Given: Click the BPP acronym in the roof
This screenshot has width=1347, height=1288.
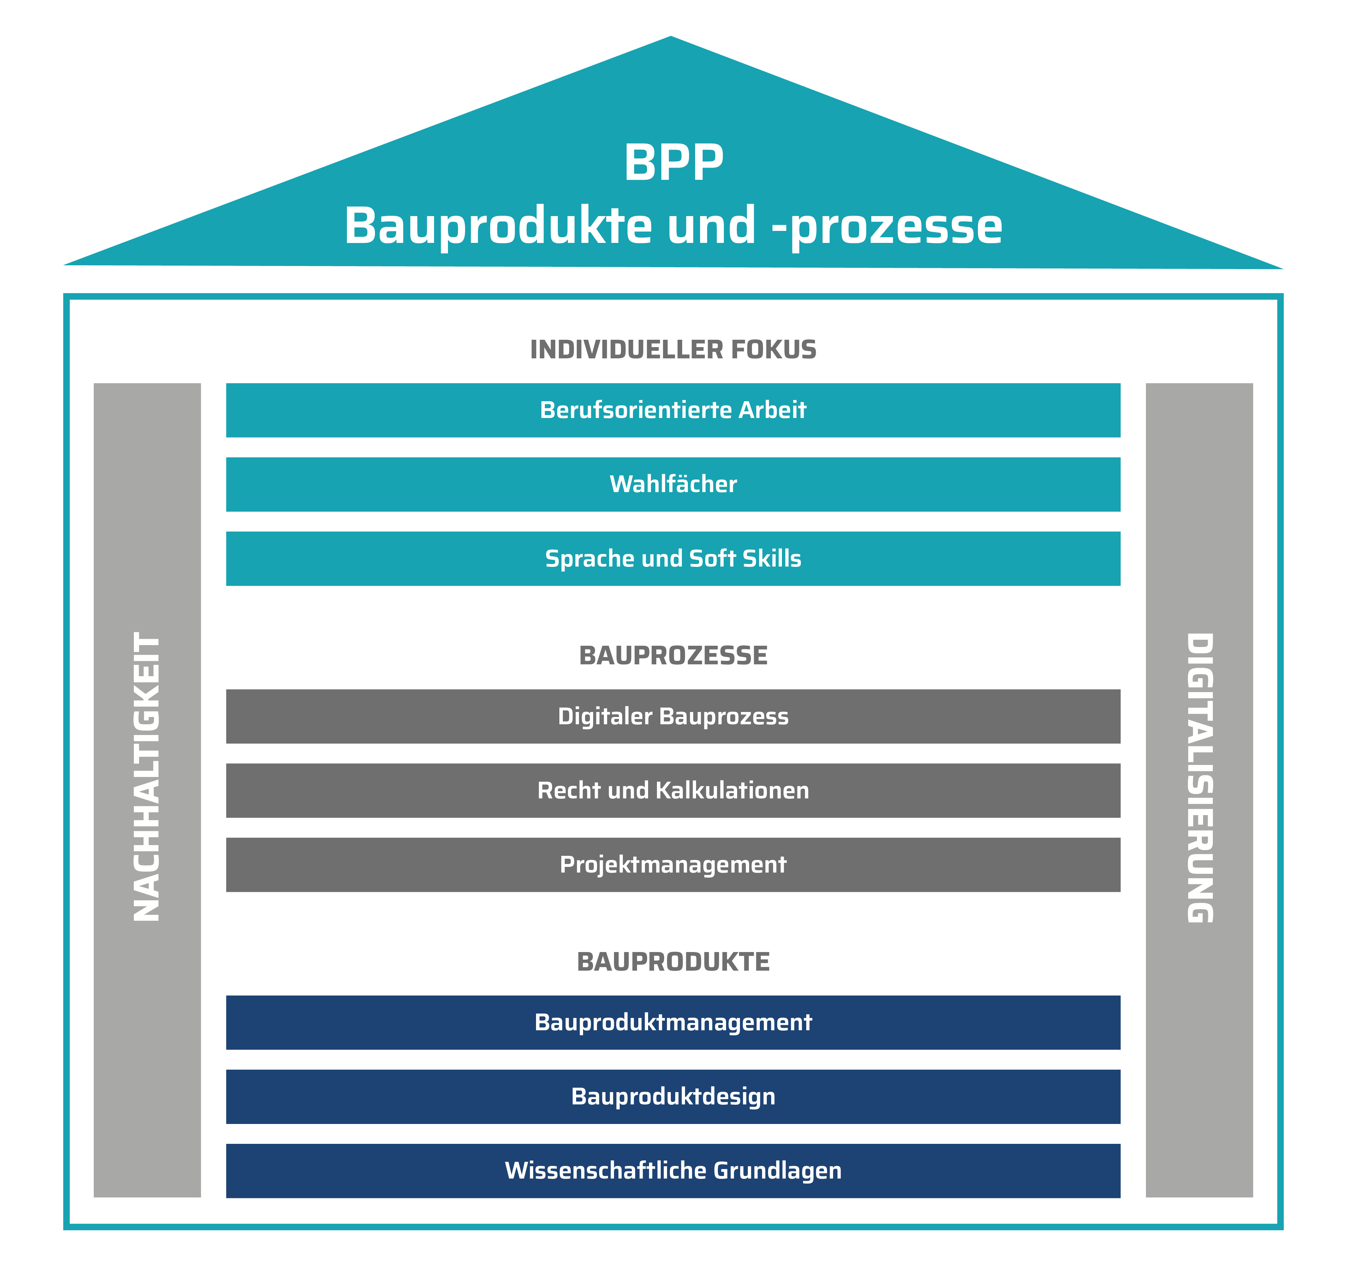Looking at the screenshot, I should [x=673, y=163].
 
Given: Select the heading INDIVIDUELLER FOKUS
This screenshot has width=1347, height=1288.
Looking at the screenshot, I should [x=673, y=350].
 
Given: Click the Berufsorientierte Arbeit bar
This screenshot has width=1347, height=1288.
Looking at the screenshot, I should [x=673, y=410].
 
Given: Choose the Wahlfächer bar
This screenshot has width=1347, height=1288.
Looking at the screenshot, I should [x=673, y=484].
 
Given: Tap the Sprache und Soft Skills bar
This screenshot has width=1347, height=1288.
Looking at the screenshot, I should [x=673, y=558].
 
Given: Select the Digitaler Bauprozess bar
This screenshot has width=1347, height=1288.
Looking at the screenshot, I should [x=673, y=716].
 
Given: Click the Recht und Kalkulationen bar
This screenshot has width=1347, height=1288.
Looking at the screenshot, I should [x=673, y=790].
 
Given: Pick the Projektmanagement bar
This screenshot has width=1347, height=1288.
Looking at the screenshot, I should [x=673, y=864].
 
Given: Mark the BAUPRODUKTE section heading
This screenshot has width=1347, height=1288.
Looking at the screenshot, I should [x=673, y=962].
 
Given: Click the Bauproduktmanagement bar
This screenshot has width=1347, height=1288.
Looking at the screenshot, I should [x=673, y=1022].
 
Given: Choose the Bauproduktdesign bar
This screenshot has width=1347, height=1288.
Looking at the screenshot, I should [x=673, y=1097].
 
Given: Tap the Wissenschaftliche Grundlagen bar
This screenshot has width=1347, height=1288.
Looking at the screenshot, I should [x=673, y=1171].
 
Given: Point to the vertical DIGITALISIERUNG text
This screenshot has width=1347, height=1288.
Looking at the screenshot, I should [x=1199, y=778].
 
